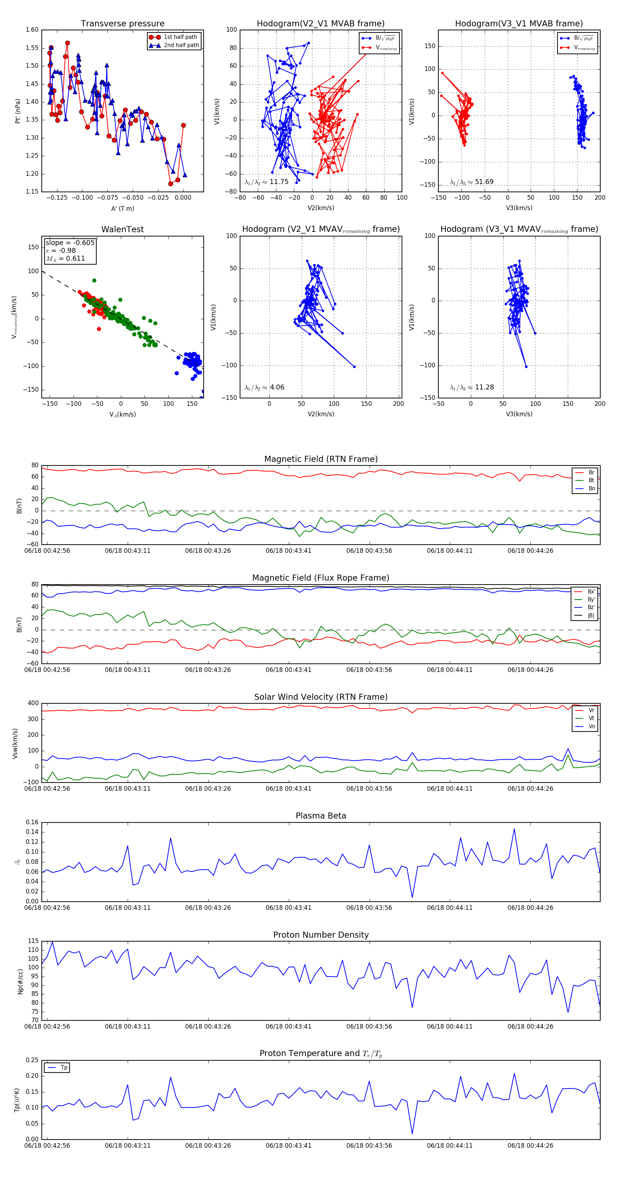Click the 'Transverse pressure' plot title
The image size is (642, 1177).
pos(122,24)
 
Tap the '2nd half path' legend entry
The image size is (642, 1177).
pos(181,45)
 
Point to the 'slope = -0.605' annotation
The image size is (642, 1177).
pos(70,243)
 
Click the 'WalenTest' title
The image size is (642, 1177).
pos(122,229)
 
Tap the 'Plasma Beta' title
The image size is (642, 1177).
pos(321,816)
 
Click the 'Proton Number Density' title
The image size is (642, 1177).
pos(321,935)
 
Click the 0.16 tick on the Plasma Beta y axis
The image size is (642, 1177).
pos(32,822)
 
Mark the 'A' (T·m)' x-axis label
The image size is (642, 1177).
pos(122,208)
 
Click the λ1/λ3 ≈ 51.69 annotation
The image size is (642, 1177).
pos(472,182)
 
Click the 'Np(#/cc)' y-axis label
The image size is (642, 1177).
pos(20,981)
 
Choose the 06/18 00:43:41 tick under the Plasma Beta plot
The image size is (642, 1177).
pos(288,907)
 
